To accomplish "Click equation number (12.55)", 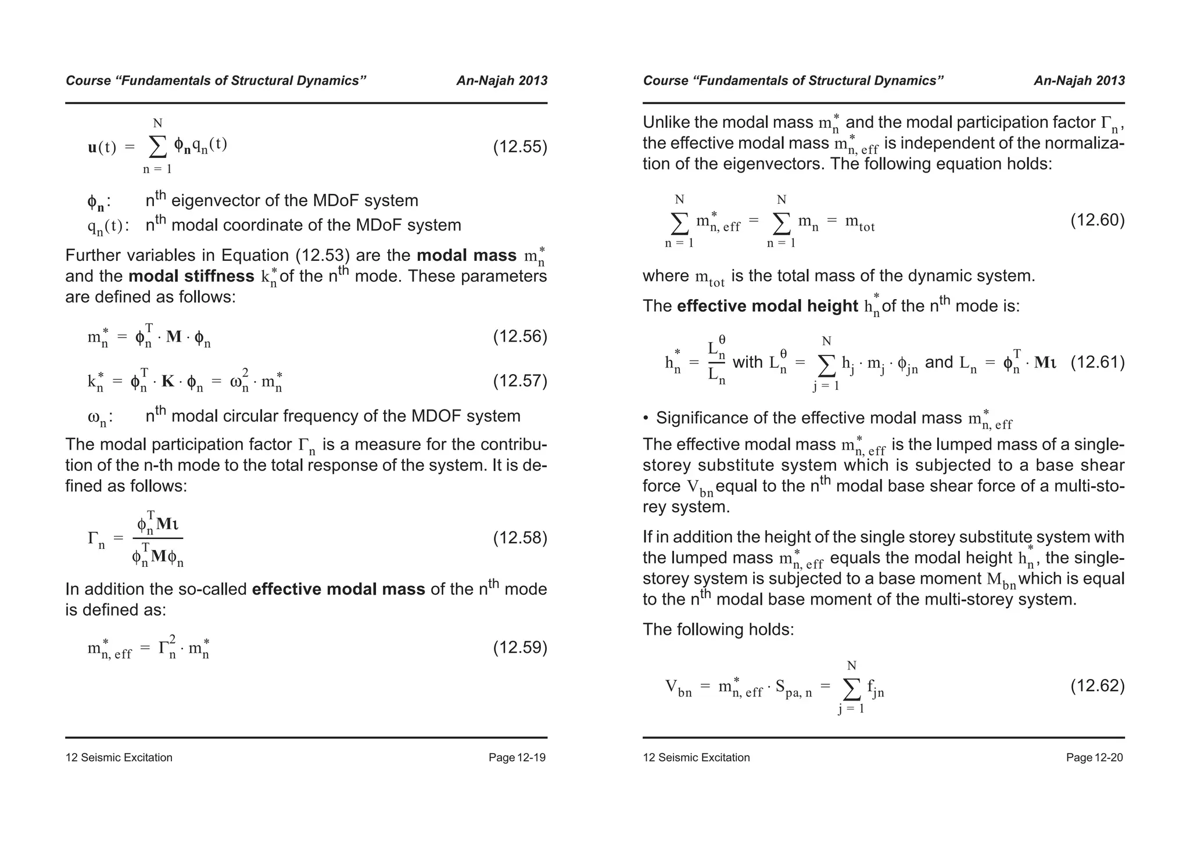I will [x=520, y=147].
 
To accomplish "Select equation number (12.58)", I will [x=520, y=538].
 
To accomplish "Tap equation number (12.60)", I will [x=1097, y=220].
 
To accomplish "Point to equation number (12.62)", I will [x=1097, y=686].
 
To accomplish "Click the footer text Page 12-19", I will [x=517, y=757].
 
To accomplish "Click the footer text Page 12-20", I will [x=1094, y=757].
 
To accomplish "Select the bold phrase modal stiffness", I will [x=191, y=276].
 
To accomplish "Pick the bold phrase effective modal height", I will [x=767, y=306].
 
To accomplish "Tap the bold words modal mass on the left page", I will [x=467, y=256].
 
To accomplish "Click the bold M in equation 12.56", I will [x=174, y=337].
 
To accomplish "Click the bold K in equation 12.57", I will [x=168, y=382].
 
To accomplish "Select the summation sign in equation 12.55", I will [x=157, y=147].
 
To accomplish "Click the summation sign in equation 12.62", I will [x=851, y=689].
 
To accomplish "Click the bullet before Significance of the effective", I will [x=646, y=418].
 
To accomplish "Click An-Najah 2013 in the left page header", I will [x=501, y=81].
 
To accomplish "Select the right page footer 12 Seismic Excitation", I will [x=696, y=757].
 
